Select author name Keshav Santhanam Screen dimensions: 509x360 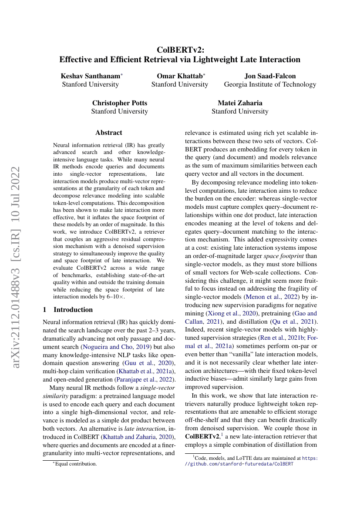point(91,76)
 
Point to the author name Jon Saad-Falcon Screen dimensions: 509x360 point(270,76)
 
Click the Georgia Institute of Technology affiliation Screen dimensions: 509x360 point(270,84)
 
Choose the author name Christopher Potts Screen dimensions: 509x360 point(119,103)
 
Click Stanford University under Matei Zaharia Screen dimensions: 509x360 point(240,111)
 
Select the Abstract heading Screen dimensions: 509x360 point(109,133)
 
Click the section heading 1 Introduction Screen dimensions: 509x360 point(68,310)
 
